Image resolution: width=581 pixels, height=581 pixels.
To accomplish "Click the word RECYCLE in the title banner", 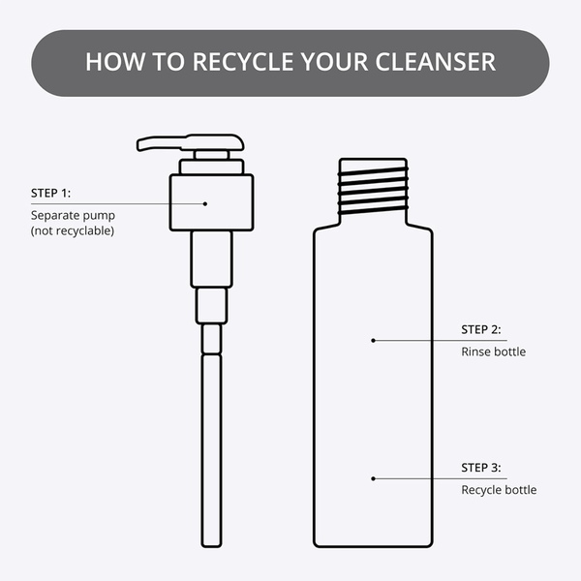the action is pos(243,62).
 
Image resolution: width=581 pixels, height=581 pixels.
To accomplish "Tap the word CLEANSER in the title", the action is pos(436,62).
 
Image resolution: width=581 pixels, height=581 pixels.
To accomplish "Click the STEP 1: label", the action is pos(50,193).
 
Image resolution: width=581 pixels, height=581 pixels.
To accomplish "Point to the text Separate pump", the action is pos(73,215).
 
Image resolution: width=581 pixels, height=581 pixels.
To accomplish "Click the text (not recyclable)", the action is pos(73,230).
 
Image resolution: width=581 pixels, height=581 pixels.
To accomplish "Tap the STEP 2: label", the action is pos(481,329).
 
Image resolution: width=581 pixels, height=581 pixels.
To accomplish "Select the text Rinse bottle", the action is pos(494,352).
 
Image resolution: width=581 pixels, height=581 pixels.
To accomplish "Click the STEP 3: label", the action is pos(481,468).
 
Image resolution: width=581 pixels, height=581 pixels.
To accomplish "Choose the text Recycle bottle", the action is pos(499,490).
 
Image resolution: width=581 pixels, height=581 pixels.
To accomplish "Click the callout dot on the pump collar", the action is pos(205,203).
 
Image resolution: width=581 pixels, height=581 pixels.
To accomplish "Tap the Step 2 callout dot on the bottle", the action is pos(373,341).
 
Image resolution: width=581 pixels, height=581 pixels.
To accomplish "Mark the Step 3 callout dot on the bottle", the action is pos(373,478).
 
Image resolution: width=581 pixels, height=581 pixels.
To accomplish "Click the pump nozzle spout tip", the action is pos(138,145).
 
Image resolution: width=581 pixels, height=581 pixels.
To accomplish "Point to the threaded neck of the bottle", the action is pos(373,191).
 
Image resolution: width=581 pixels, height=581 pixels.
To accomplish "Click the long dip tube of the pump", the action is pos(211,450).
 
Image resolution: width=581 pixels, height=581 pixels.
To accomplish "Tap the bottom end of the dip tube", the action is pos(211,546).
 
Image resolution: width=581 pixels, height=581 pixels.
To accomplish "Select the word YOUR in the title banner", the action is pos(335,62).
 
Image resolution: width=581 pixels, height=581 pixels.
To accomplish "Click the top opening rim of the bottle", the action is pos(373,160).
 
